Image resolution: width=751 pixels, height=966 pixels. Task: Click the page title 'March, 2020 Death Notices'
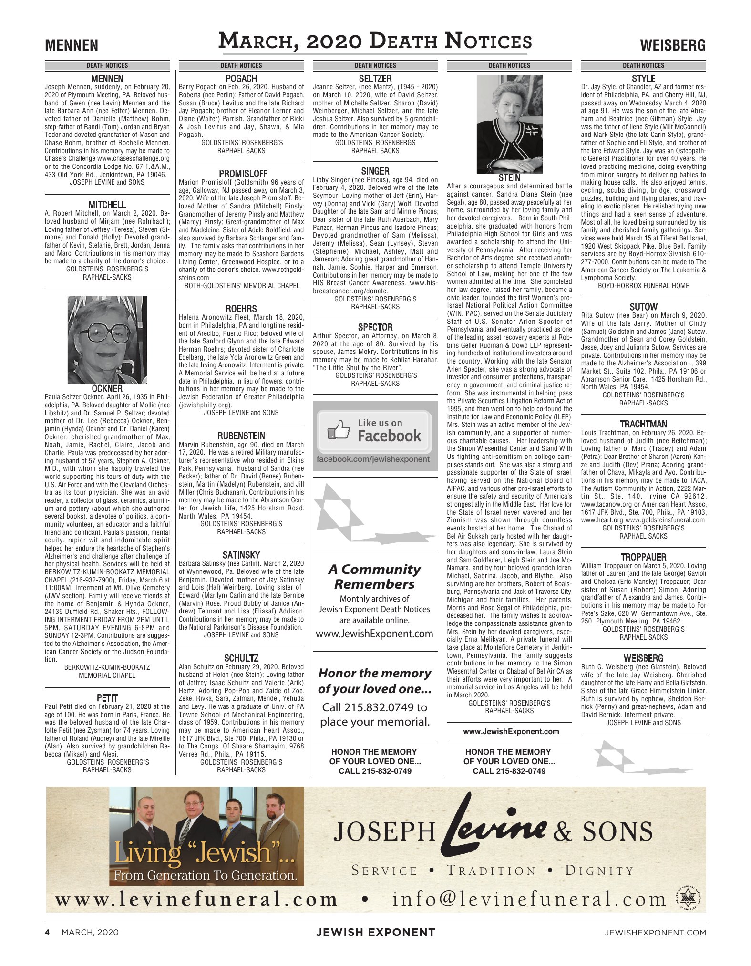(x=375, y=41)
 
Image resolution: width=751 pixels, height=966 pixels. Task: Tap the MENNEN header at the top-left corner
(x=72, y=46)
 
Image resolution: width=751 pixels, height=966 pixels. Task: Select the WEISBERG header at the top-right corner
(x=672, y=46)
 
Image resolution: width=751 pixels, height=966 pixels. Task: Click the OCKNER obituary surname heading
(x=107, y=389)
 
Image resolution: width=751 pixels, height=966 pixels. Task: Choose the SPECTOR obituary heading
(x=375, y=327)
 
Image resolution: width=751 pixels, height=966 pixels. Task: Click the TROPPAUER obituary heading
(x=643, y=557)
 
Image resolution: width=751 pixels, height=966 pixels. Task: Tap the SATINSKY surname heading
(x=241, y=555)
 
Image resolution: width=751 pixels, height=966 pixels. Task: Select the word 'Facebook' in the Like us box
(x=389, y=436)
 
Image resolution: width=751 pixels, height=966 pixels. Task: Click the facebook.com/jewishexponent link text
(x=373, y=459)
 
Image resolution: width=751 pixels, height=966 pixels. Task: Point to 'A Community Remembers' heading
(x=375, y=576)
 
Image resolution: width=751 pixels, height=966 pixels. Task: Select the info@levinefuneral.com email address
(x=529, y=899)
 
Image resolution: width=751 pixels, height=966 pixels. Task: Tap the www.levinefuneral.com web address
(x=196, y=899)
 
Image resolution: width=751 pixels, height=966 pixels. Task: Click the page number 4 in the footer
(x=47, y=932)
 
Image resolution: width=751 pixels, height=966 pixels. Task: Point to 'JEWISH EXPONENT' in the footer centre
(x=375, y=932)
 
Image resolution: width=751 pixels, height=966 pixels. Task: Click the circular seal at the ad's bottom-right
(x=688, y=899)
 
